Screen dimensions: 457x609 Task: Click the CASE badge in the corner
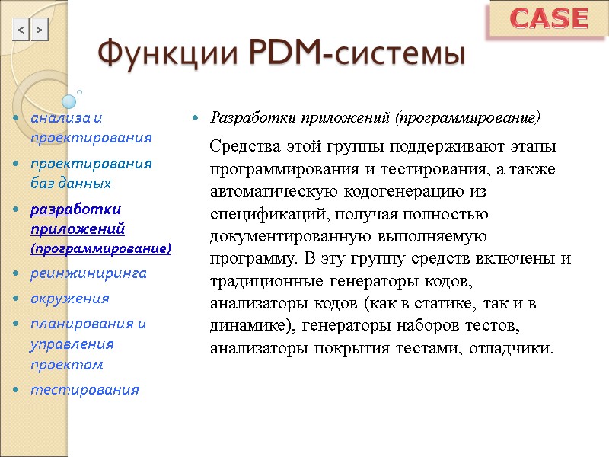point(548,19)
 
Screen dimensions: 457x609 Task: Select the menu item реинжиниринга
point(88,273)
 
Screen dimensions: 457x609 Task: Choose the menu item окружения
point(69,298)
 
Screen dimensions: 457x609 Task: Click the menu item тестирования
point(84,390)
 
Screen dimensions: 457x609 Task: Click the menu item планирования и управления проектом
point(88,344)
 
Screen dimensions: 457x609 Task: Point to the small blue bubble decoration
point(69,101)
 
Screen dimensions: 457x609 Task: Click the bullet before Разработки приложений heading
point(196,119)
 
